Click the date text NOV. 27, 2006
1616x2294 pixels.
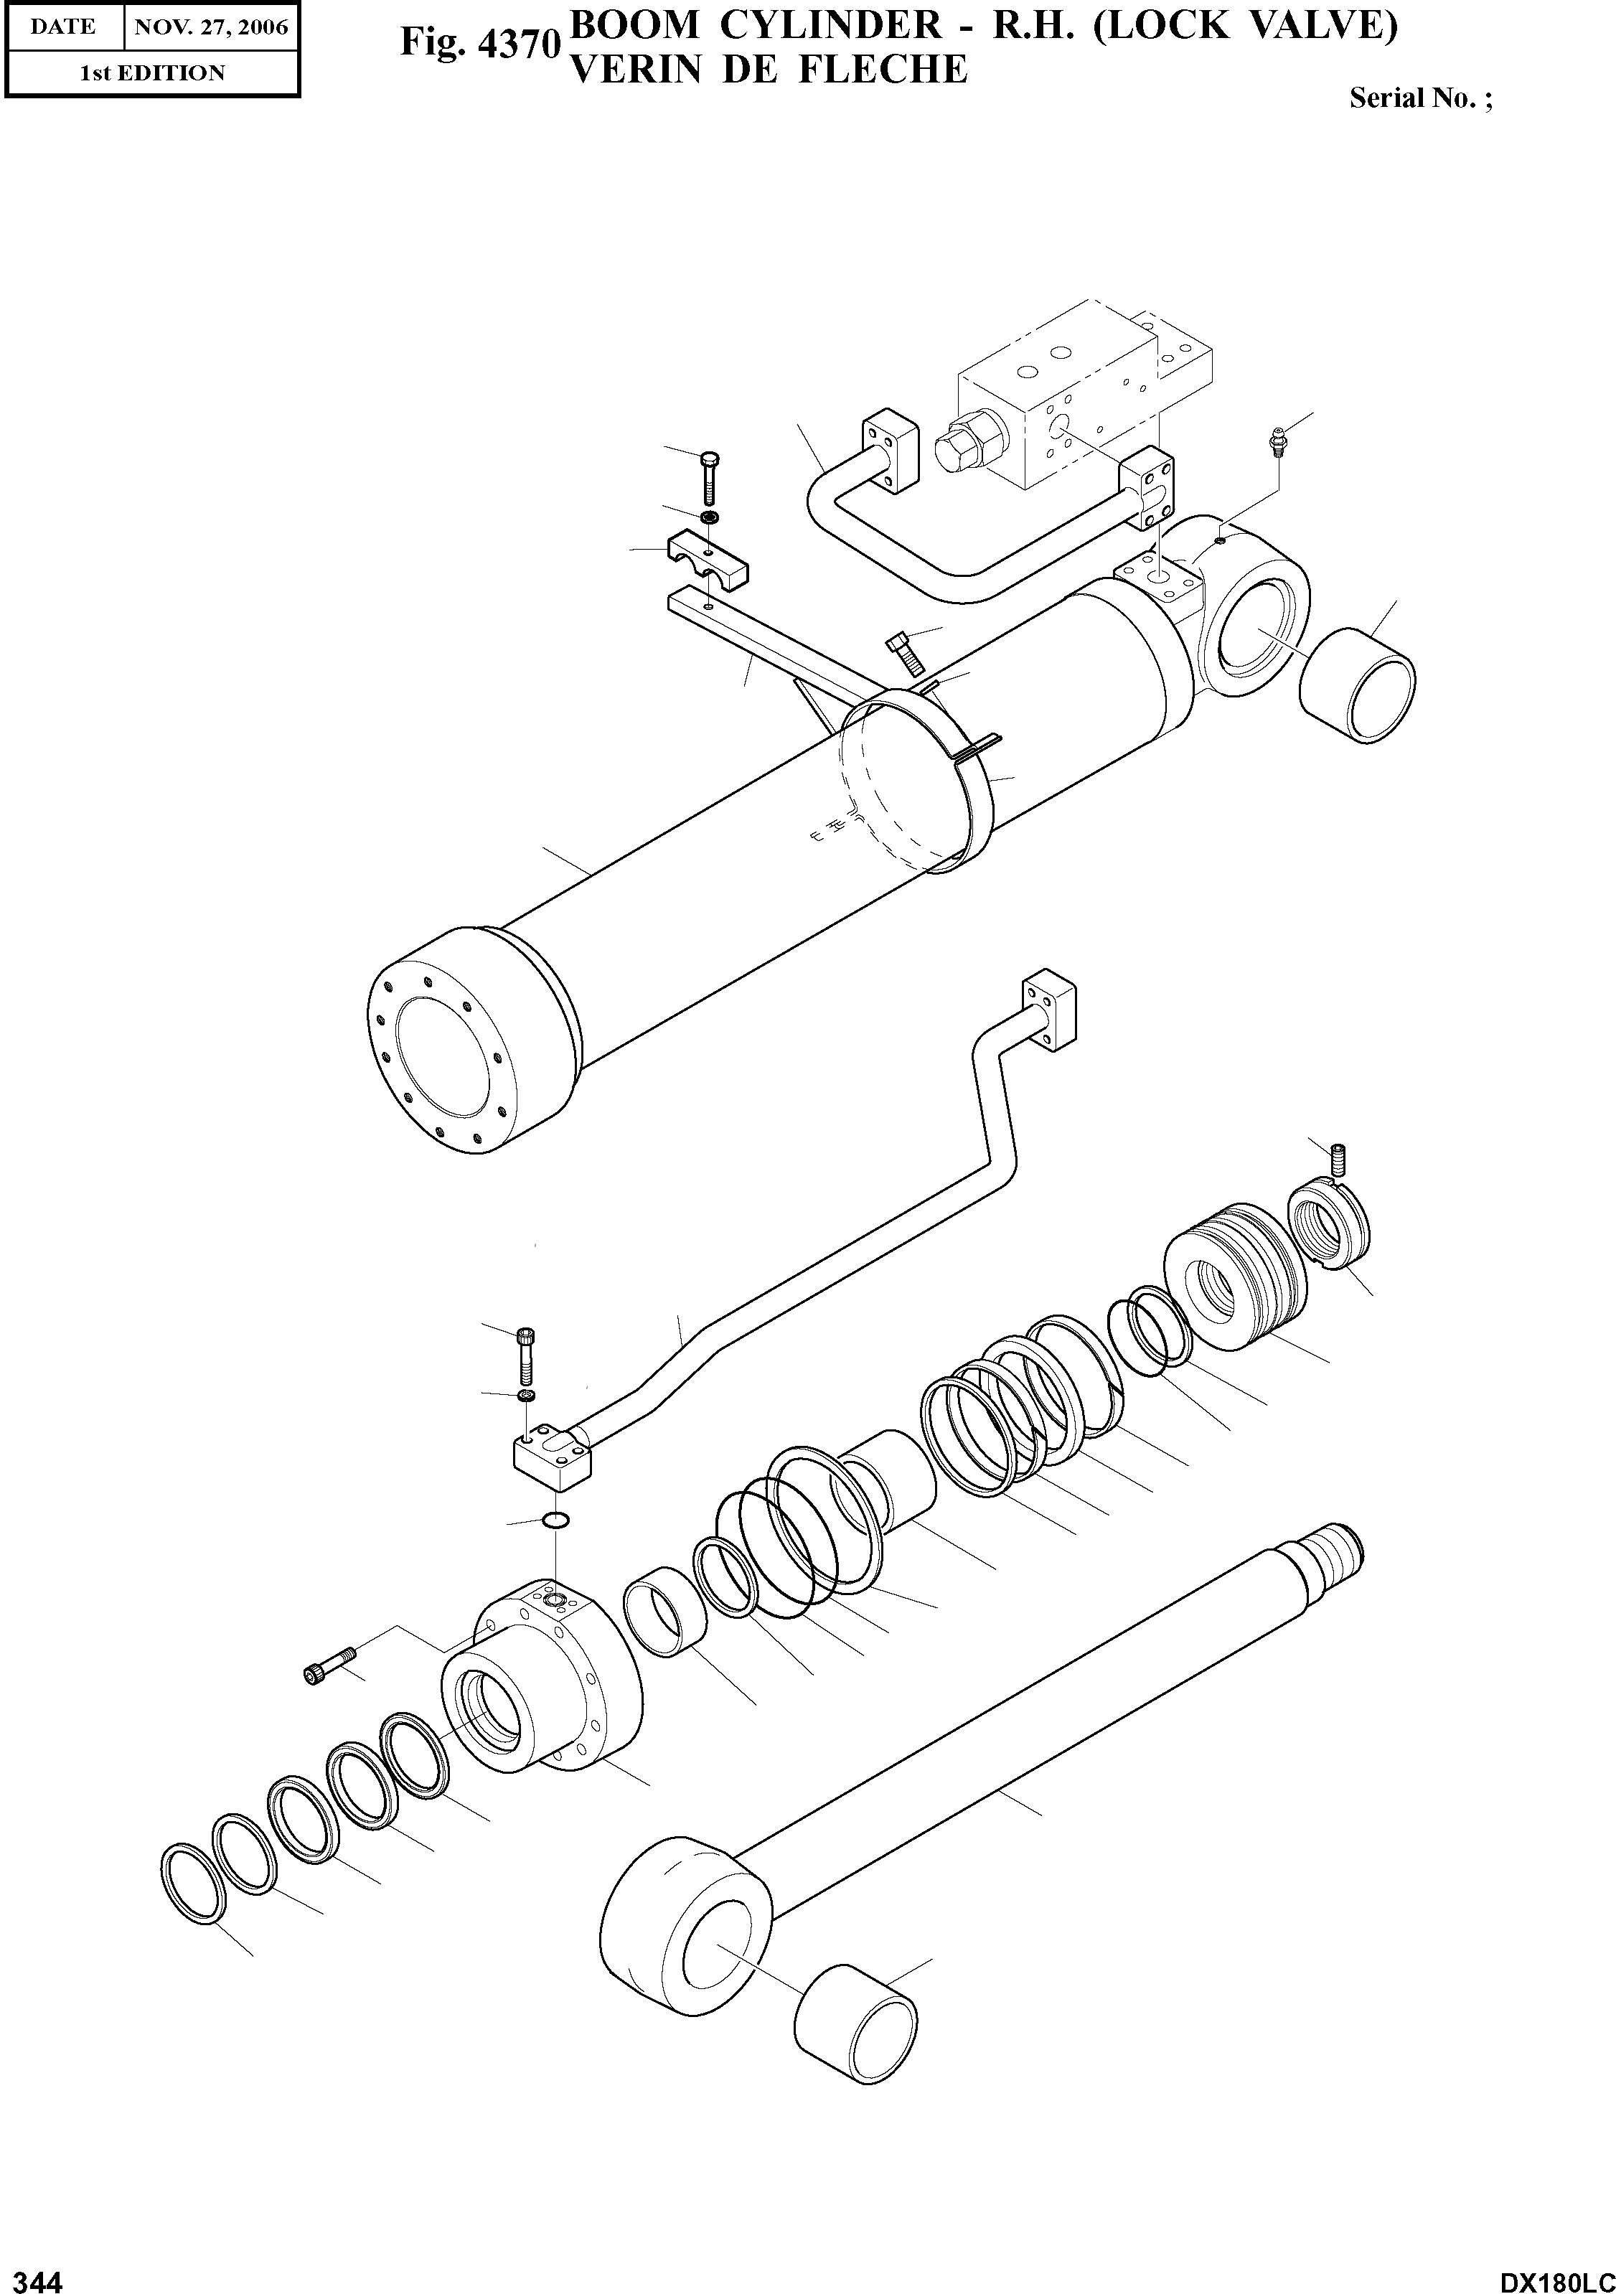click(211, 27)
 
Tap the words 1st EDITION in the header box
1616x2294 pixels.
click(152, 73)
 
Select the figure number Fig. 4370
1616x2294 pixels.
click(476, 42)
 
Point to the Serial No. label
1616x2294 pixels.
click(1420, 98)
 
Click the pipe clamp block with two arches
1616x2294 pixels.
click(708, 563)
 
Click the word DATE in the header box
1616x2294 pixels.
click(62, 27)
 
